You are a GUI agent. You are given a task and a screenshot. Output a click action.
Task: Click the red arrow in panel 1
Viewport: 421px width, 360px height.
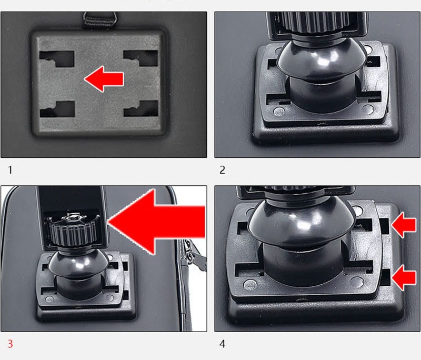point(104,79)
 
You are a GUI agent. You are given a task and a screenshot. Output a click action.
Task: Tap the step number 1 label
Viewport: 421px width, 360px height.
point(10,169)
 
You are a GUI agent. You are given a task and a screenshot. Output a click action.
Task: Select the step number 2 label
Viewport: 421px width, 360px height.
point(222,169)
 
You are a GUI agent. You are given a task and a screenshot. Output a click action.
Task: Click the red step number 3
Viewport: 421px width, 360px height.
point(10,344)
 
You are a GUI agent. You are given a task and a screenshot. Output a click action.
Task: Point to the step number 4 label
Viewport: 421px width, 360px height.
point(222,344)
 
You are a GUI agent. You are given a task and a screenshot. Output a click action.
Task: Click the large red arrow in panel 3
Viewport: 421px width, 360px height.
point(156,222)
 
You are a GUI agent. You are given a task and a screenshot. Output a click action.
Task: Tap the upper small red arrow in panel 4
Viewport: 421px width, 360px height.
point(404,225)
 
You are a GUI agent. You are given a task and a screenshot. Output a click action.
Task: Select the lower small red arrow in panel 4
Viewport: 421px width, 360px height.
point(404,277)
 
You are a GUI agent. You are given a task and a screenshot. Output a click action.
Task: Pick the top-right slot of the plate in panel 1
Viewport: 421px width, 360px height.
point(141,58)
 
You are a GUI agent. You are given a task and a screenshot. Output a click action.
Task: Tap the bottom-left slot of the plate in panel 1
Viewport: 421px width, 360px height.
point(57,109)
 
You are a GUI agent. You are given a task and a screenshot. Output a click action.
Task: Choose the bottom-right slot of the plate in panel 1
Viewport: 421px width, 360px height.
point(141,108)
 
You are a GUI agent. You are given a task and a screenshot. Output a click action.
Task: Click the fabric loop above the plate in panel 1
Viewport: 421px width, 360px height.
point(101,20)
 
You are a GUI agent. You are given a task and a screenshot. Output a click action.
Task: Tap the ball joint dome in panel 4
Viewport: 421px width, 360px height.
point(300,223)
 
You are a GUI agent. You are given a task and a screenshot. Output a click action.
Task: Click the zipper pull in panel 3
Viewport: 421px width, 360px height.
point(194,256)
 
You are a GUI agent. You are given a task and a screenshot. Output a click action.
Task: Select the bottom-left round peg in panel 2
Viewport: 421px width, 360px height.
point(278,112)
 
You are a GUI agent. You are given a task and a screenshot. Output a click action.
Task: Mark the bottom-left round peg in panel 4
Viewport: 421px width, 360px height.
point(249,285)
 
